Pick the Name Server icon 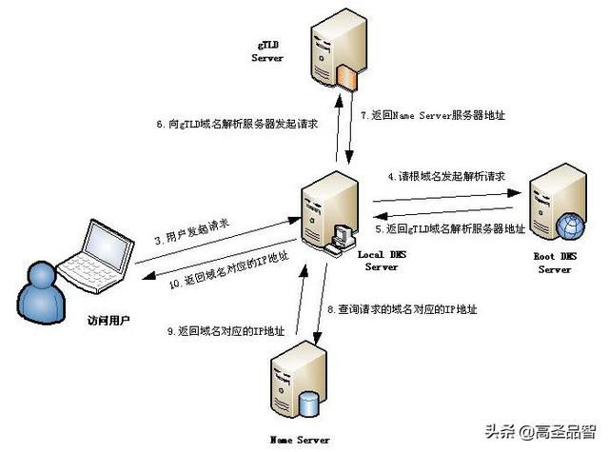(x=296, y=385)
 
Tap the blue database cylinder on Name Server (x=309, y=403)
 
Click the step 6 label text (x=235, y=125)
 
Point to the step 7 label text (x=432, y=115)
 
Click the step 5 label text (x=449, y=228)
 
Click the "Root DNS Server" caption (x=555, y=263)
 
